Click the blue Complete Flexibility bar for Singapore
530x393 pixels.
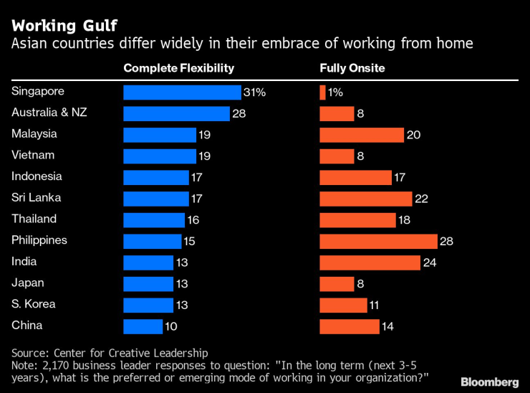pyautogui.click(x=182, y=93)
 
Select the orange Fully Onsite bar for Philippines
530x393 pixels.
pyautogui.click(x=378, y=241)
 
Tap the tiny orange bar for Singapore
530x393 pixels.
pyautogui.click(x=322, y=93)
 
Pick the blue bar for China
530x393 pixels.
pyautogui.click(x=143, y=326)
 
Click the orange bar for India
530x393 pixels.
pyautogui.click(x=370, y=262)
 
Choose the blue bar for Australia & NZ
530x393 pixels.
pyautogui.click(x=176, y=113)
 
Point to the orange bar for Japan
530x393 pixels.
pyautogui.click(x=337, y=284)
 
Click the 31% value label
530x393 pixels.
pyautogui.click(x=255, y=93)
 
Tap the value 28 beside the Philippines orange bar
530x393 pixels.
pyautogui.click(x=446, y=241)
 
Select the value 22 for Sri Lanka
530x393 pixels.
pyautogui.click(x=421, y=199)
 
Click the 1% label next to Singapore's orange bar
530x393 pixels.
pyautogui.click(x=335, y=93)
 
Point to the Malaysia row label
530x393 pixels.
pyautogui.click(x=34, y=134)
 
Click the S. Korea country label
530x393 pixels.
pyautogui.click(x=34, y=304)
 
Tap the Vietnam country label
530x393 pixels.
pyautogui.click(x=33, y=155)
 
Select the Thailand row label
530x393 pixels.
pyautogui.click(x=34, y=219)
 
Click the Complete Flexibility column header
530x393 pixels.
pyautogui.click(x=179, y=69)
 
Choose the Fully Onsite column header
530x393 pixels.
pyautogui.click(x=352, y=69)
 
